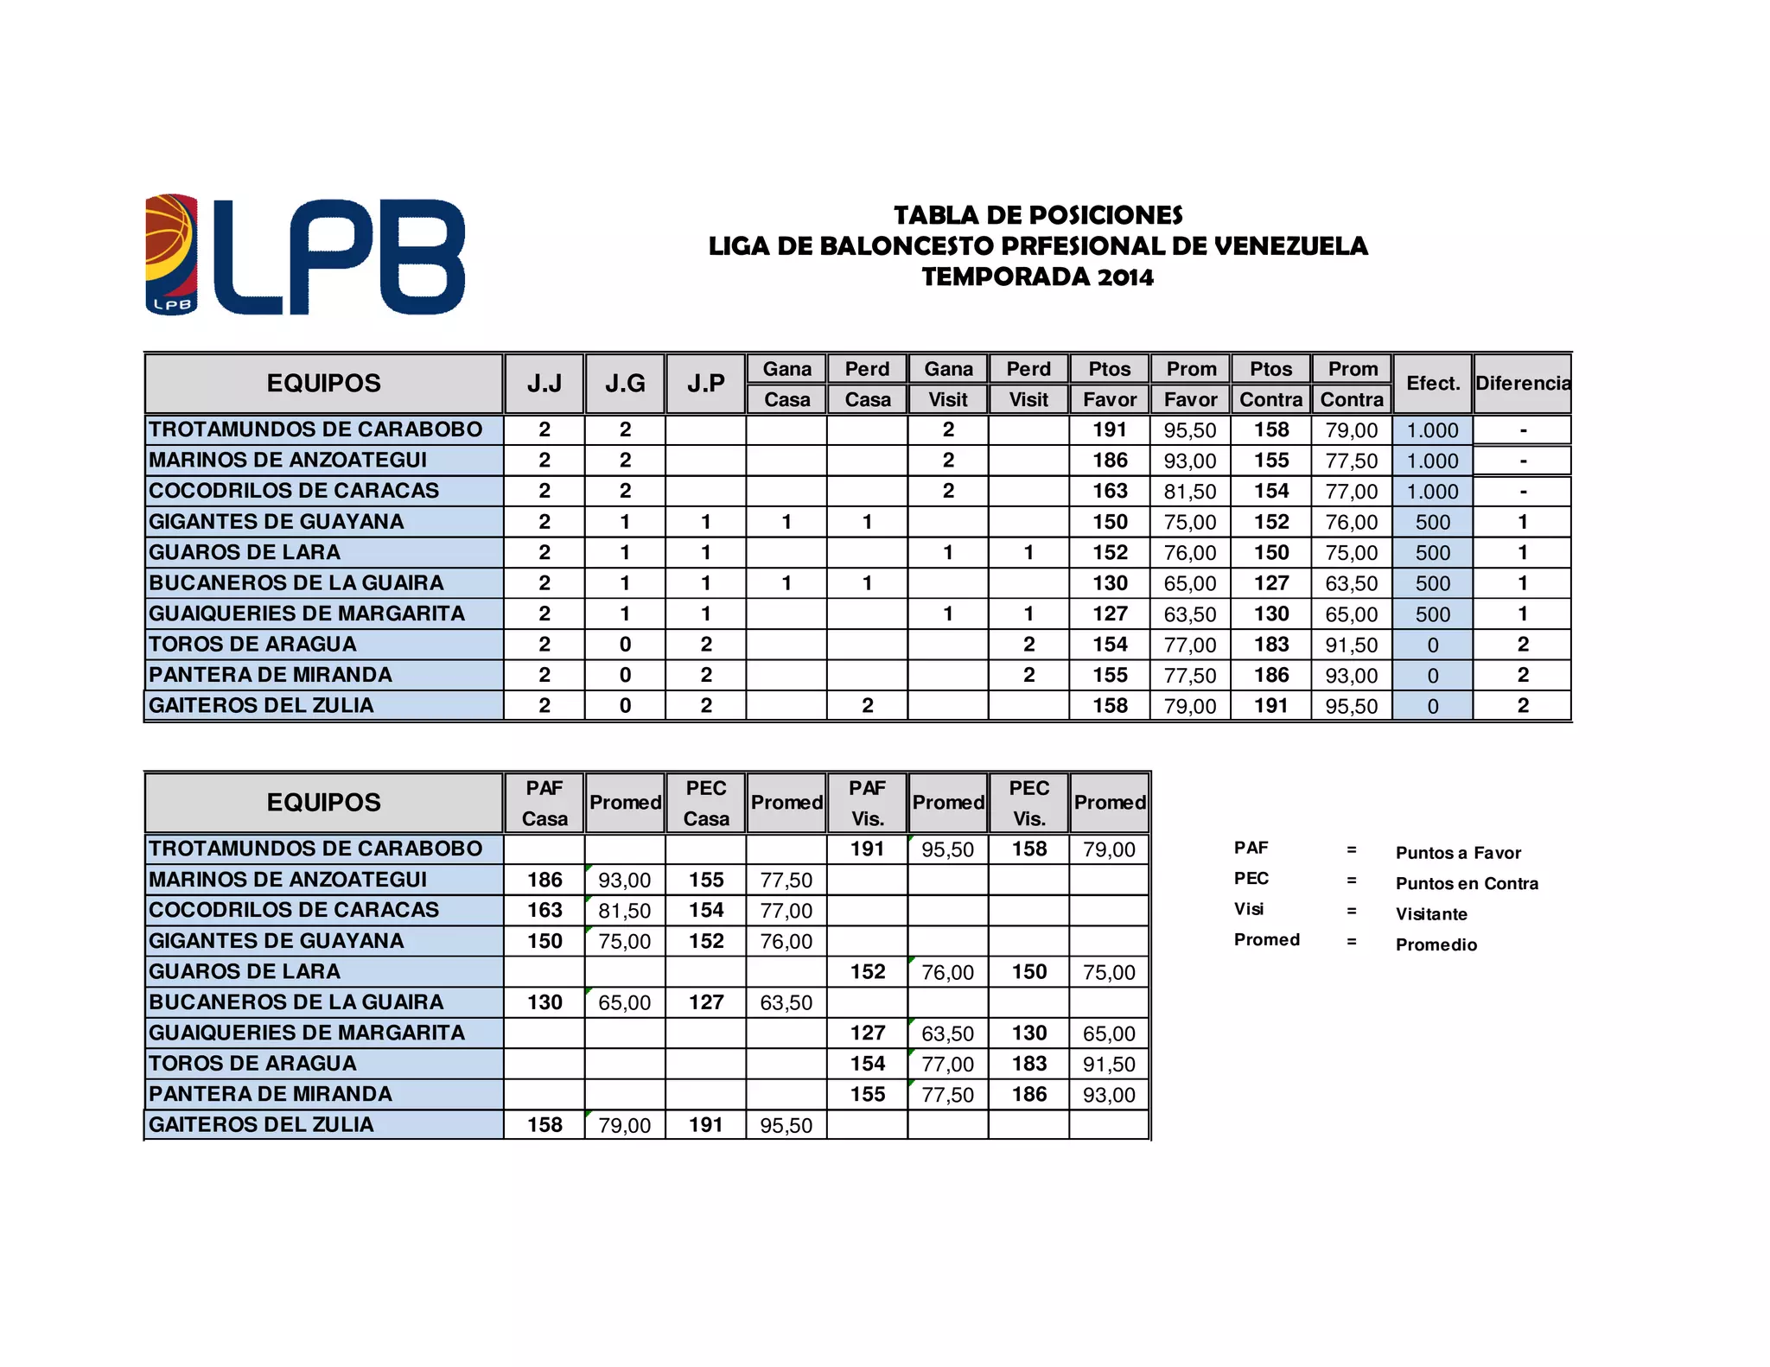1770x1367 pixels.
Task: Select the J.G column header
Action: pyautogui.click(x=625, y=384)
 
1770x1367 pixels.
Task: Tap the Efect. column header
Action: pyautogui.click(x=1433, y=384)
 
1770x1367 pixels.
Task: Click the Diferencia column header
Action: pyautogui.click(x=1523, y=384)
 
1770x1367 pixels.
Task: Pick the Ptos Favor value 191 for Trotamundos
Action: pyautogui.click(x=1110, y=430)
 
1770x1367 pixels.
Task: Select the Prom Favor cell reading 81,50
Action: pyautogui.click(x=1190, y=492)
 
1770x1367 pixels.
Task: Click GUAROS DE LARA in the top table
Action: pyautogui.click(x=245, y=552)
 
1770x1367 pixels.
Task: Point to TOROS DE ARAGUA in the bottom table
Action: pyautogui.click(x=252, y=1064)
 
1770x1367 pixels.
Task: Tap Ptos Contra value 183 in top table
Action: pyautogui.click(x=1271, y=645)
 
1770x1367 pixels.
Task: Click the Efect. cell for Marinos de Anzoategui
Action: pyautogui.click(x=1433, y=461)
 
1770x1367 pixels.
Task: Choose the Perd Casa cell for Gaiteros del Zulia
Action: pyautogui.click(x=868, y=706)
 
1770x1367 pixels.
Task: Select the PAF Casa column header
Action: pyautogui.click(x=544, y=803)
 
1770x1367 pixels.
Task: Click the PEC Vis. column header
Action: pyautogui.click(x=1029, y=803)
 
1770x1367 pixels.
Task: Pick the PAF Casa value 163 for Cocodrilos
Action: pyautogui.click(x=544, y=911)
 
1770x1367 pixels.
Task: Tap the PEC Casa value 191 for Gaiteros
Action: pyautogui.click(x=706, y=1125)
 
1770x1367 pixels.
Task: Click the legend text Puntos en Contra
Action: pyautogui.click(x=1467, y=884)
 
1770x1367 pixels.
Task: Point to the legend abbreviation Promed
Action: pyautogui.click(x=1267, y=940)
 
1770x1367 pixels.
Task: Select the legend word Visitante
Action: pyautogui.click(x=1431, y=914)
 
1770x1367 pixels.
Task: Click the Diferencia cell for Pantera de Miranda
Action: pyautogui.click(x=1523, y=676)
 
